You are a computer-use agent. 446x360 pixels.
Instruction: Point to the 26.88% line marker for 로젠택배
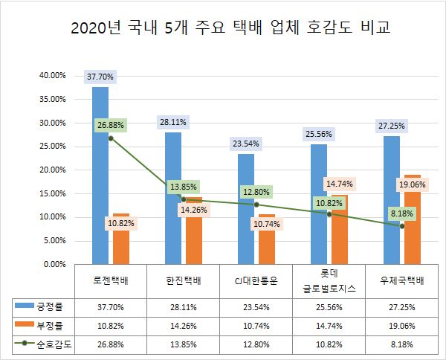pyautogui.click(x=111, y=138)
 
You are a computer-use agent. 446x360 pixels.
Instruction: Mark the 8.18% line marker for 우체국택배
pyautogui.click(x=402, y=225)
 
